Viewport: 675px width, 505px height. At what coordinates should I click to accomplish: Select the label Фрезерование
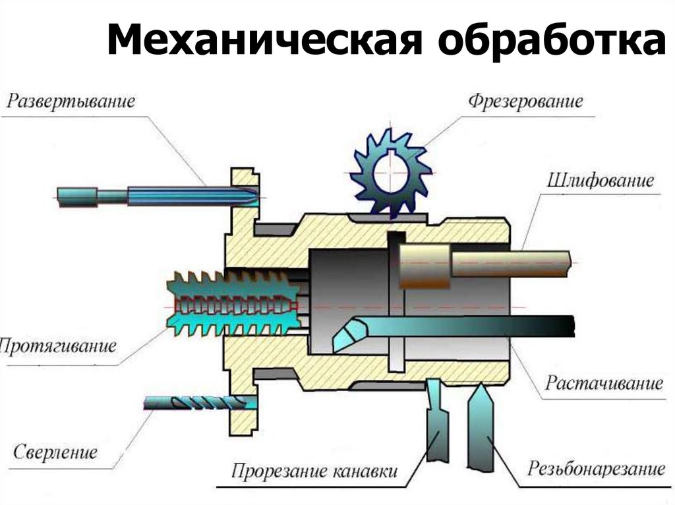525,101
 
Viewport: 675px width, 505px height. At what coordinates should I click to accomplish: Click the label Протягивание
58,345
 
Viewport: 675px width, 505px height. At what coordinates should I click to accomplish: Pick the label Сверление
55,452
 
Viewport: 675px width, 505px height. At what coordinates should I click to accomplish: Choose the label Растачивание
602,383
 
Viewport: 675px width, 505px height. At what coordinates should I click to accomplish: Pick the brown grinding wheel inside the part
424,263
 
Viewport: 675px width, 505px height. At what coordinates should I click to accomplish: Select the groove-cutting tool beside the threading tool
436,421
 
